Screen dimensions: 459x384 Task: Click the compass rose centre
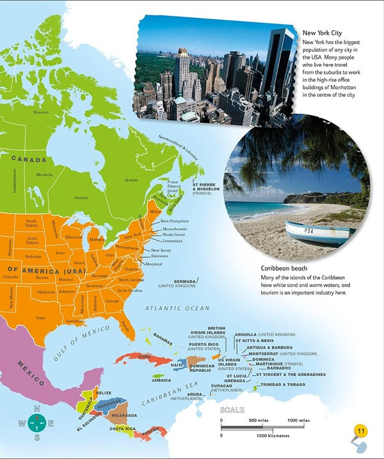37,423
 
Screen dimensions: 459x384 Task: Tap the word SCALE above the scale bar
232,410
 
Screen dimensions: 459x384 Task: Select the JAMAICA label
161,380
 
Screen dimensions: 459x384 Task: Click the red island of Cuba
138,356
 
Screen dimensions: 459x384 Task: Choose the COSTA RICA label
122,428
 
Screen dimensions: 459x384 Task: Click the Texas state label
41,317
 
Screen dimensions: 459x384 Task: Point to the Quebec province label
131,180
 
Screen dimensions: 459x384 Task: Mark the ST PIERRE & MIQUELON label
203,189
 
